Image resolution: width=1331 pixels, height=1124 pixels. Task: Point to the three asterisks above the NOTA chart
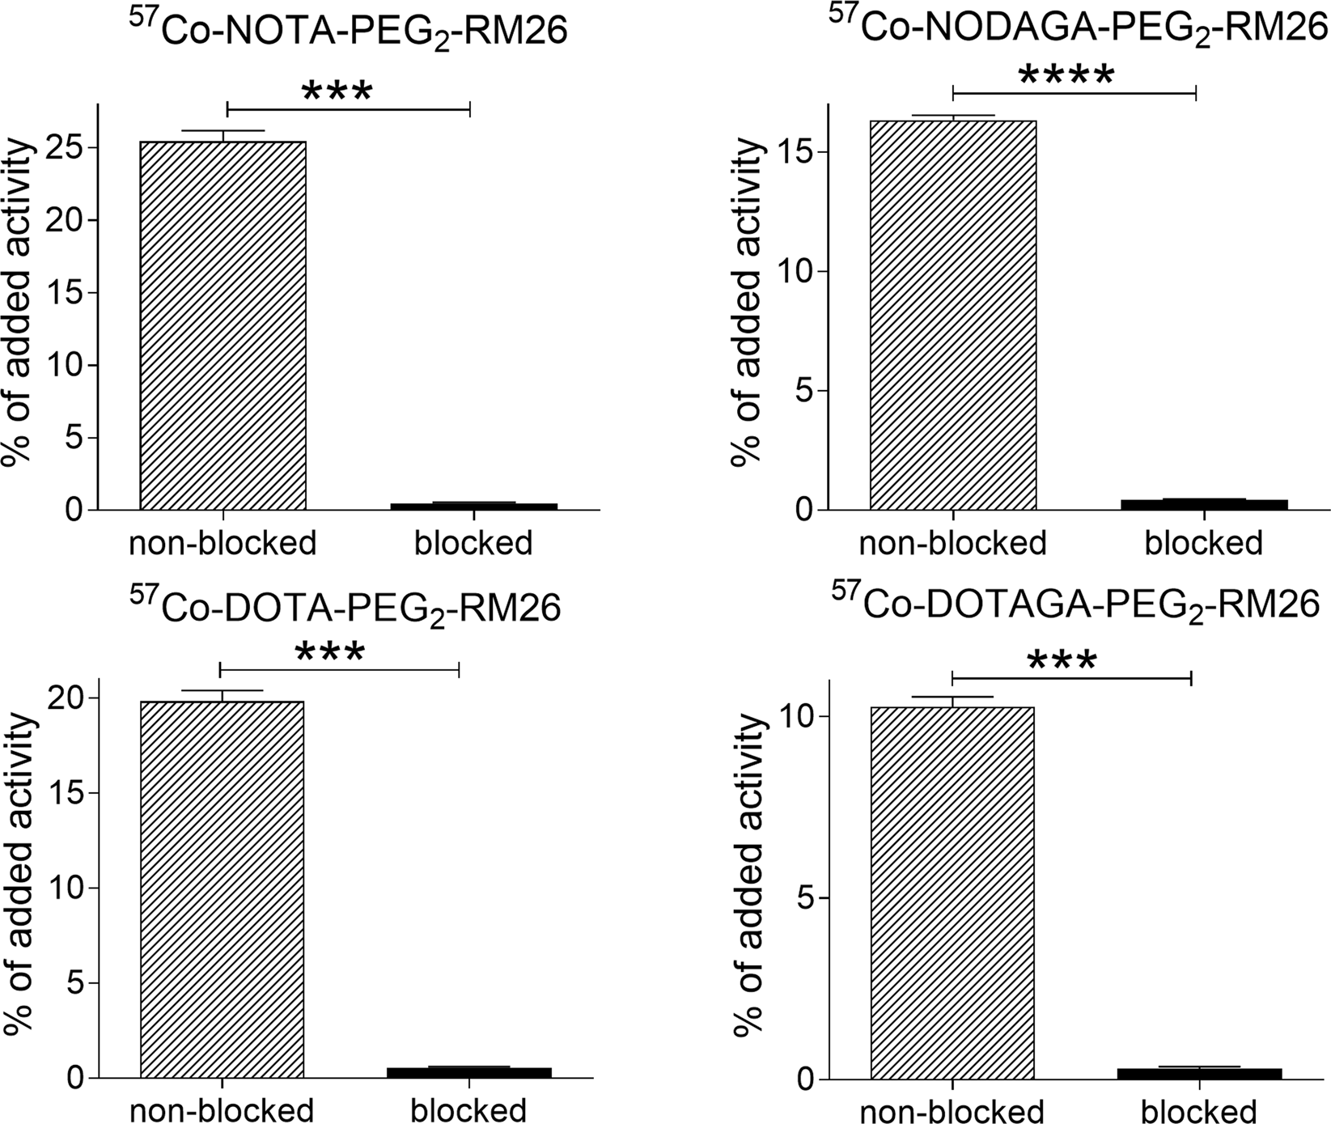point(337,92)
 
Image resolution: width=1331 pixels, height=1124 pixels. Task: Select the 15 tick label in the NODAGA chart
point(795,152)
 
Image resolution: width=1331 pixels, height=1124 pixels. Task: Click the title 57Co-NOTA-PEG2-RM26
point(348,30)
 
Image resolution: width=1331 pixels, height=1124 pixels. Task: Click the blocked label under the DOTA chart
point(468,1109)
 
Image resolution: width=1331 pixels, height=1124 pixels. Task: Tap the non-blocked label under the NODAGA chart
point(952,542)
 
